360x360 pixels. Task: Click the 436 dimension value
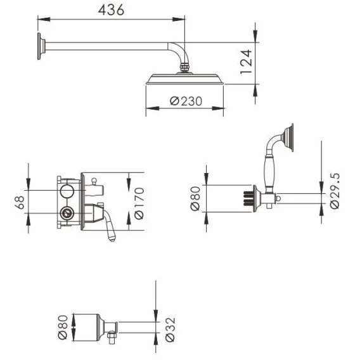pyautogui.click(x=111, y=10)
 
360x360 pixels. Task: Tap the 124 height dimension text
pyautogui.click(x=246, y=61)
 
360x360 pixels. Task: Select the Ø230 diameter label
pyautogui.click(x=186, y=101)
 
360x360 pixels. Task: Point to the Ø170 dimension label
pyautogui.click(x=139, y=203)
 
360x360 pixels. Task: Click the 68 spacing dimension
pyautogui.click(x=20, y=202)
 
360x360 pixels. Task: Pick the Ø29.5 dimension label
pyautogui.click(x=335, y=191)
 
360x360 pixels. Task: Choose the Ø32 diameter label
pyautogui.click(x=170, y=330)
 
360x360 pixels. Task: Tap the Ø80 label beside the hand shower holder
pyautogui.click(x=195, y=198)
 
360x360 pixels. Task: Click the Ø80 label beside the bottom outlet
pyautogui.click(x=63, y=327)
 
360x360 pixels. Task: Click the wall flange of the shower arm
pyautogui.click(x=41, y=46)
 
